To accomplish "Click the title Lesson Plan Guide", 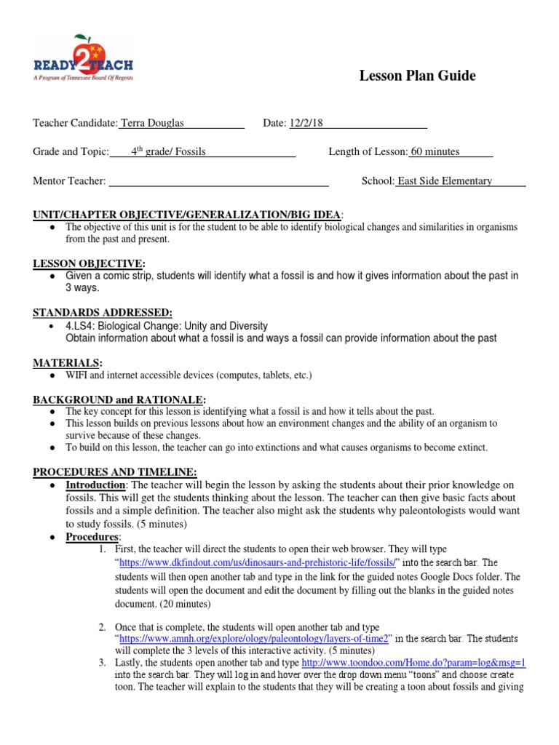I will (x=417, y=76).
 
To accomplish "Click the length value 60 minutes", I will (x=435, y=151).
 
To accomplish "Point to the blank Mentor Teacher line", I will (x=218, y=181).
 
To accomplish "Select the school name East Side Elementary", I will (x=445, y=180).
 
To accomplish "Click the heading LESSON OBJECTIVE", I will (x=89, y=263).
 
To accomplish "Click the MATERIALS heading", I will (x=68, y=362).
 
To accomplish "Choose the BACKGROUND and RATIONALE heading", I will (x=119, y=400).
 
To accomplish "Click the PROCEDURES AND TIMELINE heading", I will (x=114, y=471).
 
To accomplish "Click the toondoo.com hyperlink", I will (x=413, y=663).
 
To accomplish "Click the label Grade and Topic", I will (x=70, y=151).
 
